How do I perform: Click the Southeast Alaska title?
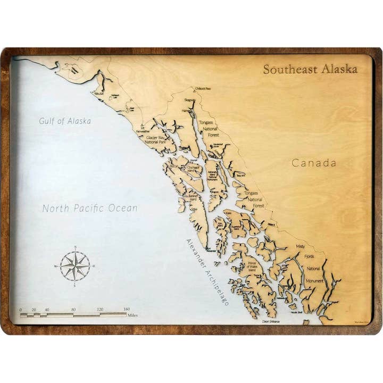(310, 70)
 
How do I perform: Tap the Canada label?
(314, 163)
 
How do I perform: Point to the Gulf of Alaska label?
(65, 121)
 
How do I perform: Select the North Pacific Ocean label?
(89, 209)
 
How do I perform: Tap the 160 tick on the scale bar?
(127, 310)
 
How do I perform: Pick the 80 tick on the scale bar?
(73, 310)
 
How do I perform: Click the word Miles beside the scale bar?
(134, 315)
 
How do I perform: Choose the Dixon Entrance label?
(271, 321)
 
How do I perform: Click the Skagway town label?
(190, 100)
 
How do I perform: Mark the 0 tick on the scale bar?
(21, 310)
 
